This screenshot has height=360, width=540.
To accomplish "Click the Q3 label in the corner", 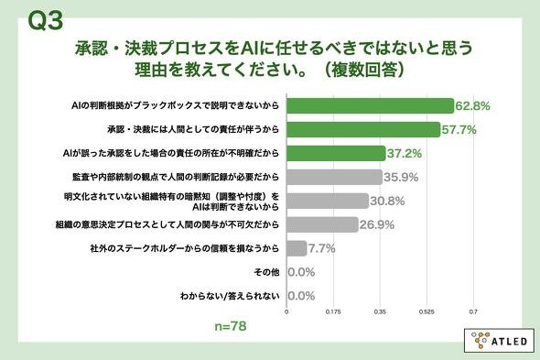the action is tap(46, 20).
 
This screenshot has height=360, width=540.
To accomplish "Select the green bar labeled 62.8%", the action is tap(370, 105).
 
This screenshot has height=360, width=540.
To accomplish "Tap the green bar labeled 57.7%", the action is tap(363, 129).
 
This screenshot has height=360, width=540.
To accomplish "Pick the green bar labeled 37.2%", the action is tap(336, 153).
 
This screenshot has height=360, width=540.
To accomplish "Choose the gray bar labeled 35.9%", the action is tap(334, 177).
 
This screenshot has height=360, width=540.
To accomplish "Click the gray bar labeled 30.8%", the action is tap(328, 201).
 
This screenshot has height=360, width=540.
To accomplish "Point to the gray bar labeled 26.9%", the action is tap(322, 224).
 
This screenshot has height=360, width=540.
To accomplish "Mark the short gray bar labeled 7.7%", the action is tap(297, 248).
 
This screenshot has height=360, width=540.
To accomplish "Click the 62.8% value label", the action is tap(472, 106).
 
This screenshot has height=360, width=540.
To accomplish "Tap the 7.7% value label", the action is tap(321, 248).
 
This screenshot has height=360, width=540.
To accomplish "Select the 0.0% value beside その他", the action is tap(301, 272).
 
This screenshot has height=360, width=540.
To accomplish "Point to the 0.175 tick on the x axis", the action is tap(333, 311).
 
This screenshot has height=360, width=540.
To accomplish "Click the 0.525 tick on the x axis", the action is tap(427, 311).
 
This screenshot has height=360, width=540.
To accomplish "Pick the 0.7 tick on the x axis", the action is tap(473, 311).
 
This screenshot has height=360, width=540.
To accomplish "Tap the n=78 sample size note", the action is tap(231, 326).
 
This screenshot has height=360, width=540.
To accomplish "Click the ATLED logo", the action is tap(500, 341).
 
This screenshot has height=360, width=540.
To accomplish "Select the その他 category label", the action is tap(266, 272).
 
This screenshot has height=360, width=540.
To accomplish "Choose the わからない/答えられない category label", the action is tap(230, 296).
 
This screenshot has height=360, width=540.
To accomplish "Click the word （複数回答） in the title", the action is tap(365, 70).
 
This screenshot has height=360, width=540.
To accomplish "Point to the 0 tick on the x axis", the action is tap(286, 311).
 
